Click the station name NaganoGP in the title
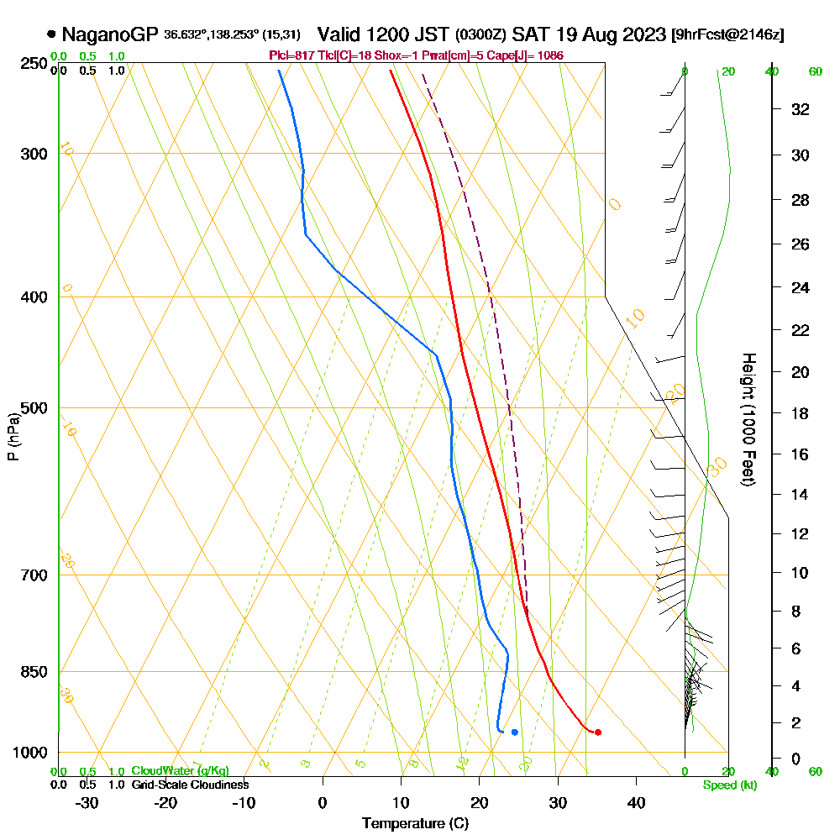pyautogui.click(x=110, y=34)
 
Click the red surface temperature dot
pyautogui.click(x=597, y=732)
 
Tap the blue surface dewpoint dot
pyautogui.click(x=514, y=732)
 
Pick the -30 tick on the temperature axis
pyautogui.click(x=87, y=802)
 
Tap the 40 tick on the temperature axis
pyautogui.click(x=636, y=802)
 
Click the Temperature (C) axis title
pyautogui.click(x=415, y=823)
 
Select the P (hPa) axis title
pyautogui.click(x=13, y=436)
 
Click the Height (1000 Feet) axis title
pyautogui.click(x=748, y=419)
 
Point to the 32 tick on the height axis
pyautogui.click(x=801, y=109)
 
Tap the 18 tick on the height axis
pyautogui.click(x=801, y=413)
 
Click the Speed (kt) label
pyautogui.click(x=729, y=785)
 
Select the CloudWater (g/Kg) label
pyautogui.click(x=180, y=771)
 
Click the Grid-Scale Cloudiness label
pyautogui.click(x=189, y=785)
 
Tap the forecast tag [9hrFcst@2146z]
pyautogui.click(x=728, y=35)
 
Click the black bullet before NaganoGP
pyautogui.click(x=52, y=34)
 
